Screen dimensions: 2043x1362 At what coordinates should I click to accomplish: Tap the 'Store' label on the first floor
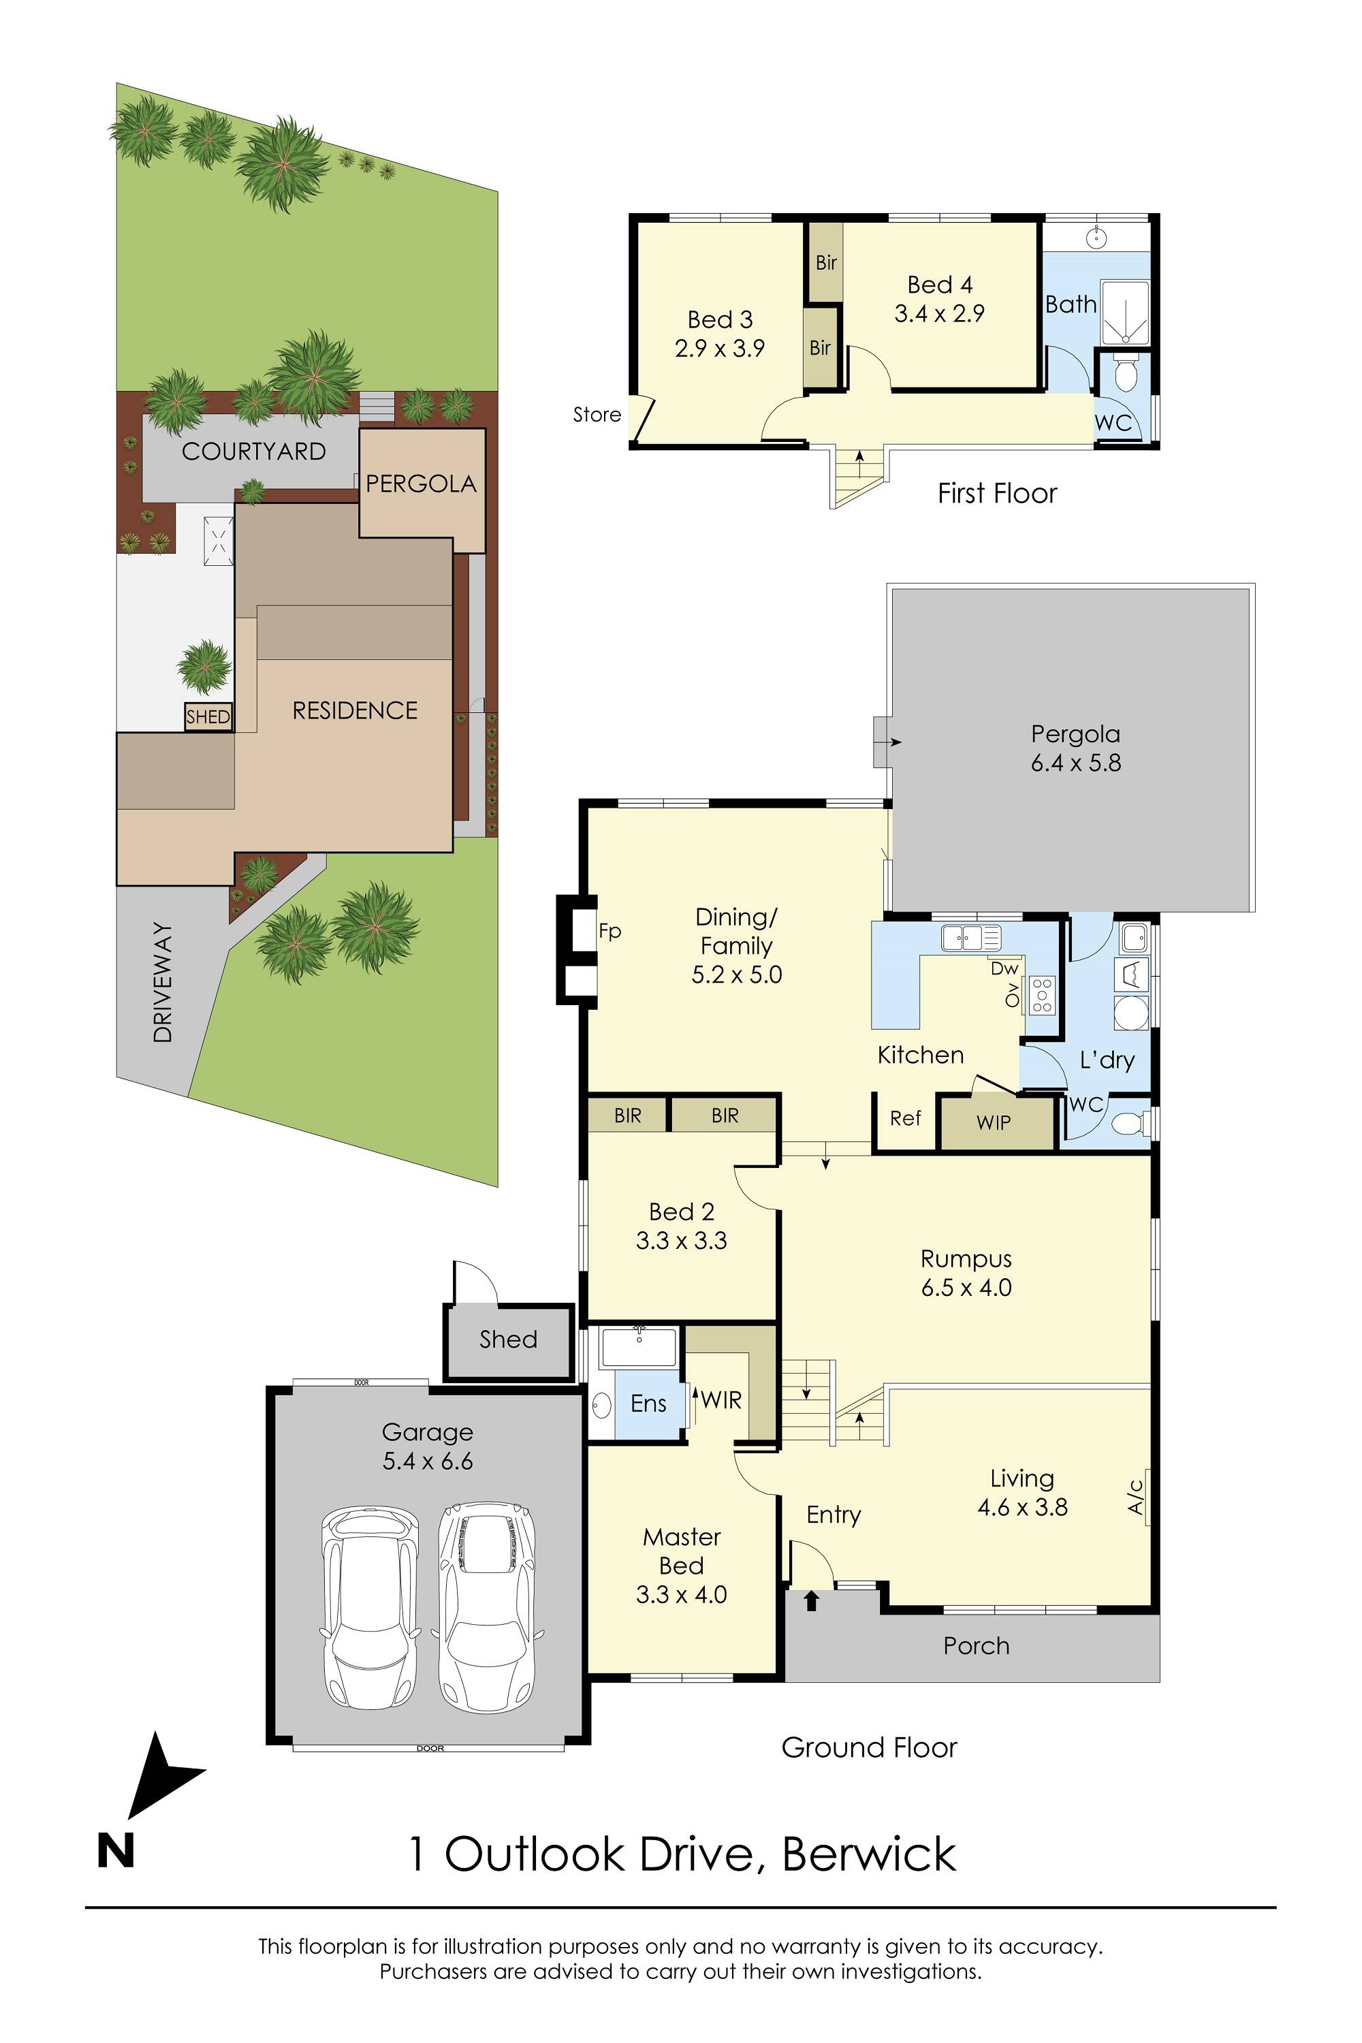click(597, 415)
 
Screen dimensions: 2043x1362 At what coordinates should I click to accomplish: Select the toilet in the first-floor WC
click(1126, 375)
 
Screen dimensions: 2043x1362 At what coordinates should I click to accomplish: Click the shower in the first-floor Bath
click(1125, 312)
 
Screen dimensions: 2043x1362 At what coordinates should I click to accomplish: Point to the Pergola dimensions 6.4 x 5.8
click(1075, 763)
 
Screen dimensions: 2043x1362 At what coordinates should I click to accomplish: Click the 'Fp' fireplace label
click(609, 931)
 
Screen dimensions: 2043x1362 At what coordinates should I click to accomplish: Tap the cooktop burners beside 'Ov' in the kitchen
click(1041, 996)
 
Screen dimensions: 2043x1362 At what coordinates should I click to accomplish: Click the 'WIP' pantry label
click(993, 1123)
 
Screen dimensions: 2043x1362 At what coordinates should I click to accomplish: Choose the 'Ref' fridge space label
click(904, 1119)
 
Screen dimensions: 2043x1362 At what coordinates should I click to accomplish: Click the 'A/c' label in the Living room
click(1135, 1498)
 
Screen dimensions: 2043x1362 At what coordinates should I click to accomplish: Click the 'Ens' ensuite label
click(648, 1404)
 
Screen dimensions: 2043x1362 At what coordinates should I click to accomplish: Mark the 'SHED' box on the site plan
click(208, 716)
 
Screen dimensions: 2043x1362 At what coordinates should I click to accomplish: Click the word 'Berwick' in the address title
click(869, 1854)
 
